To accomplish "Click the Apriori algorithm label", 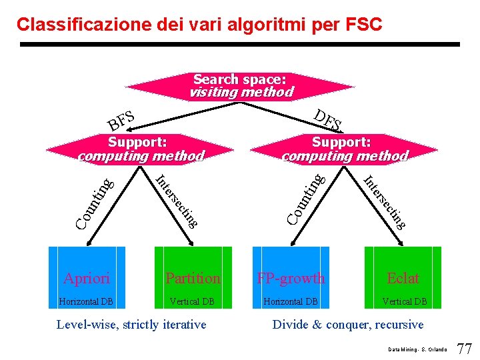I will click(x=87, y=278).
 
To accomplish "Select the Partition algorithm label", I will click(x=193, y=278).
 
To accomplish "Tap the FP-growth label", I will click(x=291, y=278).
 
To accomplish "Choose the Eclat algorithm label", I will click(x=403, y=278).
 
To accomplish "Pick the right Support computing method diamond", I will click(x=343, y=149).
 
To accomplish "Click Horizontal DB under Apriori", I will click(x=86, y=301).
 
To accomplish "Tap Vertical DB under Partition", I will click(x=192, y=301).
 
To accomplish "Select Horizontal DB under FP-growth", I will click(x=291, y=301).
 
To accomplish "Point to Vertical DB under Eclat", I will click(x=404, y=301).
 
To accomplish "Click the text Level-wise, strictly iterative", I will click(x=131, y=325).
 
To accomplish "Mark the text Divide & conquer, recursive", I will click(x=348, y=325).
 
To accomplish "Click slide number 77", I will click(x=464, y=348).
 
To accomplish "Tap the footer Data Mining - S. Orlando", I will click(x=418, y=350).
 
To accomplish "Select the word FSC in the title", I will click(x=364, y=25).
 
